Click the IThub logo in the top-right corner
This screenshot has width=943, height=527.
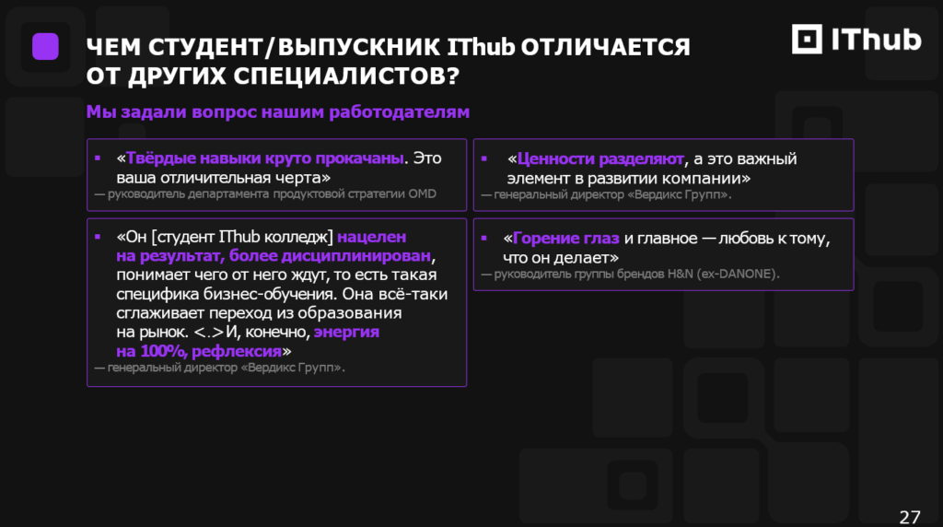[856, 39]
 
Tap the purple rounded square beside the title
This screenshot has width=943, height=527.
[45, 46]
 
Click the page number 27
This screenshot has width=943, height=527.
[910, 518]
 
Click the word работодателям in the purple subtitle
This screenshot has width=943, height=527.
[400, 111]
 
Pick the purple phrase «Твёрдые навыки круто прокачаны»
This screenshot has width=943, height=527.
[264, 158]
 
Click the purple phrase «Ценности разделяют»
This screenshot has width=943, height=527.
[600, 158]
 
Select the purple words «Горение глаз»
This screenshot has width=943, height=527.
[566, 239]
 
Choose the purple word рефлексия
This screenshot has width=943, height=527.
[237, 351]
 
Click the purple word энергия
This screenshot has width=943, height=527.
[346, 332]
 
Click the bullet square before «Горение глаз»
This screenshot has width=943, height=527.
[484, 239]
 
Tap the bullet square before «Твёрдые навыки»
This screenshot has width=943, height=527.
[98, 158]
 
